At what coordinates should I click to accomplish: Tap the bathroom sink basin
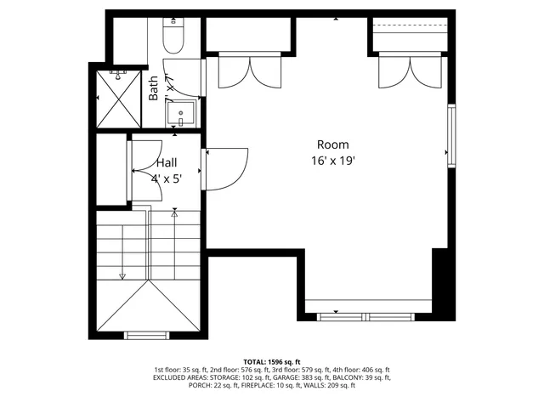182,113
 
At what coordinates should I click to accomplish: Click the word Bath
154,88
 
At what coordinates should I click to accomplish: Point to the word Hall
167,163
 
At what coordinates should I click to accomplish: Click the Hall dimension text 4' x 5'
167,178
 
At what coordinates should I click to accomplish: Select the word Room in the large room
332,144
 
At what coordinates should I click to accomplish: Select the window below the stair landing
148,335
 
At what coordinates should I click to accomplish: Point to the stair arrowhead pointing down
122,275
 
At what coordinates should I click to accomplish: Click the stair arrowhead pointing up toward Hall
174,213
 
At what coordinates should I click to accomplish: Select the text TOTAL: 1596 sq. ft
272,361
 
